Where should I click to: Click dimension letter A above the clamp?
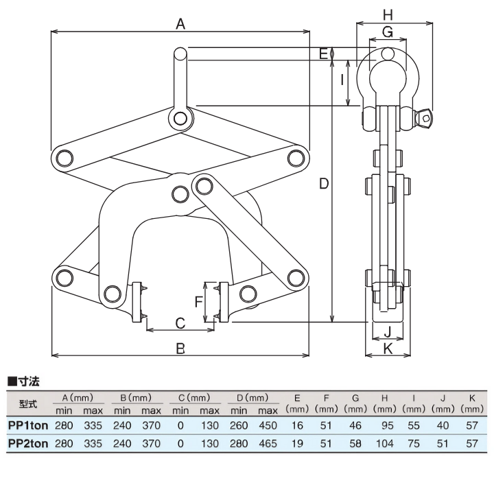pyautogui.click(x=180, y=25)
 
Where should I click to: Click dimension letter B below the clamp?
pyautogui.click(x=180, y=349)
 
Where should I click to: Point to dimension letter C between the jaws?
pyautogui.click(x=180, y=322)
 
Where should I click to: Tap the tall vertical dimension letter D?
pyautogui.click(x=325, y=184)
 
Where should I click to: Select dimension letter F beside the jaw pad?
pyautogui.click(x=198, y=301)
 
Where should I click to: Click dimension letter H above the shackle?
pyautogui.click(x=388, y=14)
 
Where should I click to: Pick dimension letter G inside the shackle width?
pyautogui.click(x=388, y=32)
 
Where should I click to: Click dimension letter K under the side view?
pyautogui.click(x=388, y=349)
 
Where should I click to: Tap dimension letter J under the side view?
pyautogui.click(x=388, y=332)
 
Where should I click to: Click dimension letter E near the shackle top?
pyautogui.click(x=323, y=52)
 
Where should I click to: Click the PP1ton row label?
pyautogui.click(x=27, y=425)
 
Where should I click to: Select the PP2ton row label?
pyautogui.click(x=27, y=443)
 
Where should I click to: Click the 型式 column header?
pyautogui.click(x=27, y=403)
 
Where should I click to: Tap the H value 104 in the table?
pyautogui.click(x=385, y=443)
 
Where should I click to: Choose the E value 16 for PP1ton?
pyautogui.click(x=297, y=425)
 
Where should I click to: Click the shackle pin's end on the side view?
pyautogui.click(x=425, y=118)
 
